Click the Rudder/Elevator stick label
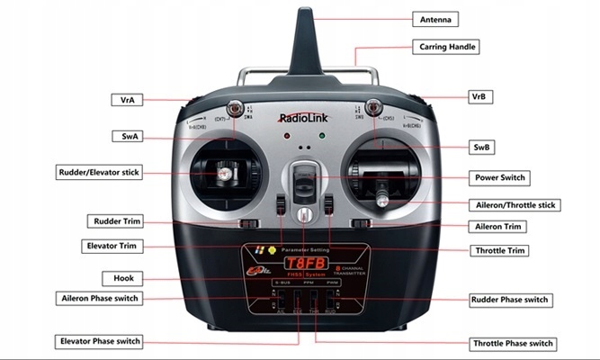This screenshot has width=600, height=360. [x=99, y=171]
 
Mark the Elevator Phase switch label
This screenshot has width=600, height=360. [x=100, y=341]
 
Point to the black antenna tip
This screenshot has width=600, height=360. [x=302, y=22]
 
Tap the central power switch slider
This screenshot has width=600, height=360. [x=304, y=179]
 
